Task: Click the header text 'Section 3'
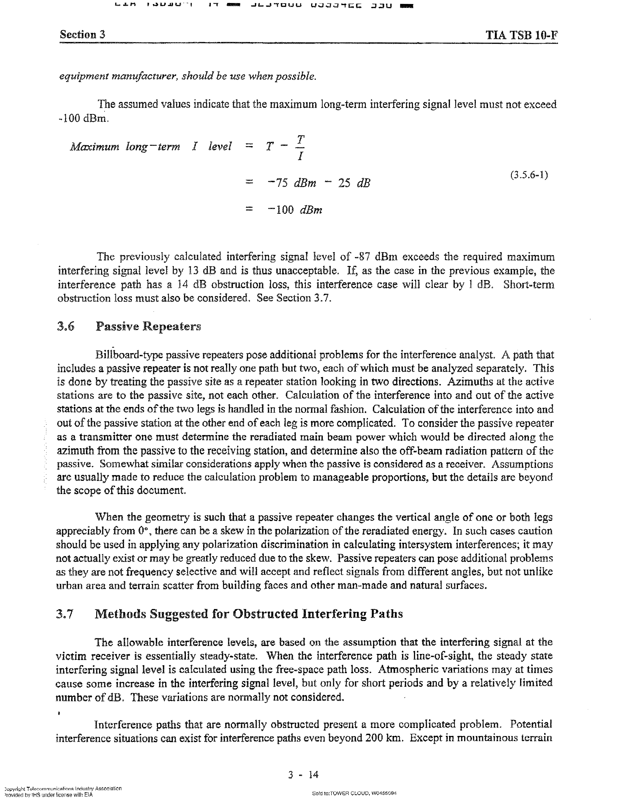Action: [82, 35]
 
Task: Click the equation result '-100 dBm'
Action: [295, 210]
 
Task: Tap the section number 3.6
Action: [66, 326]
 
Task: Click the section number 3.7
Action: [65, 614]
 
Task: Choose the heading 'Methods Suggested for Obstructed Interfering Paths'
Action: [248, 614]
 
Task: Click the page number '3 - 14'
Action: [303, 775]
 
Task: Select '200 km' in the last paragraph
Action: [384, 738]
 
